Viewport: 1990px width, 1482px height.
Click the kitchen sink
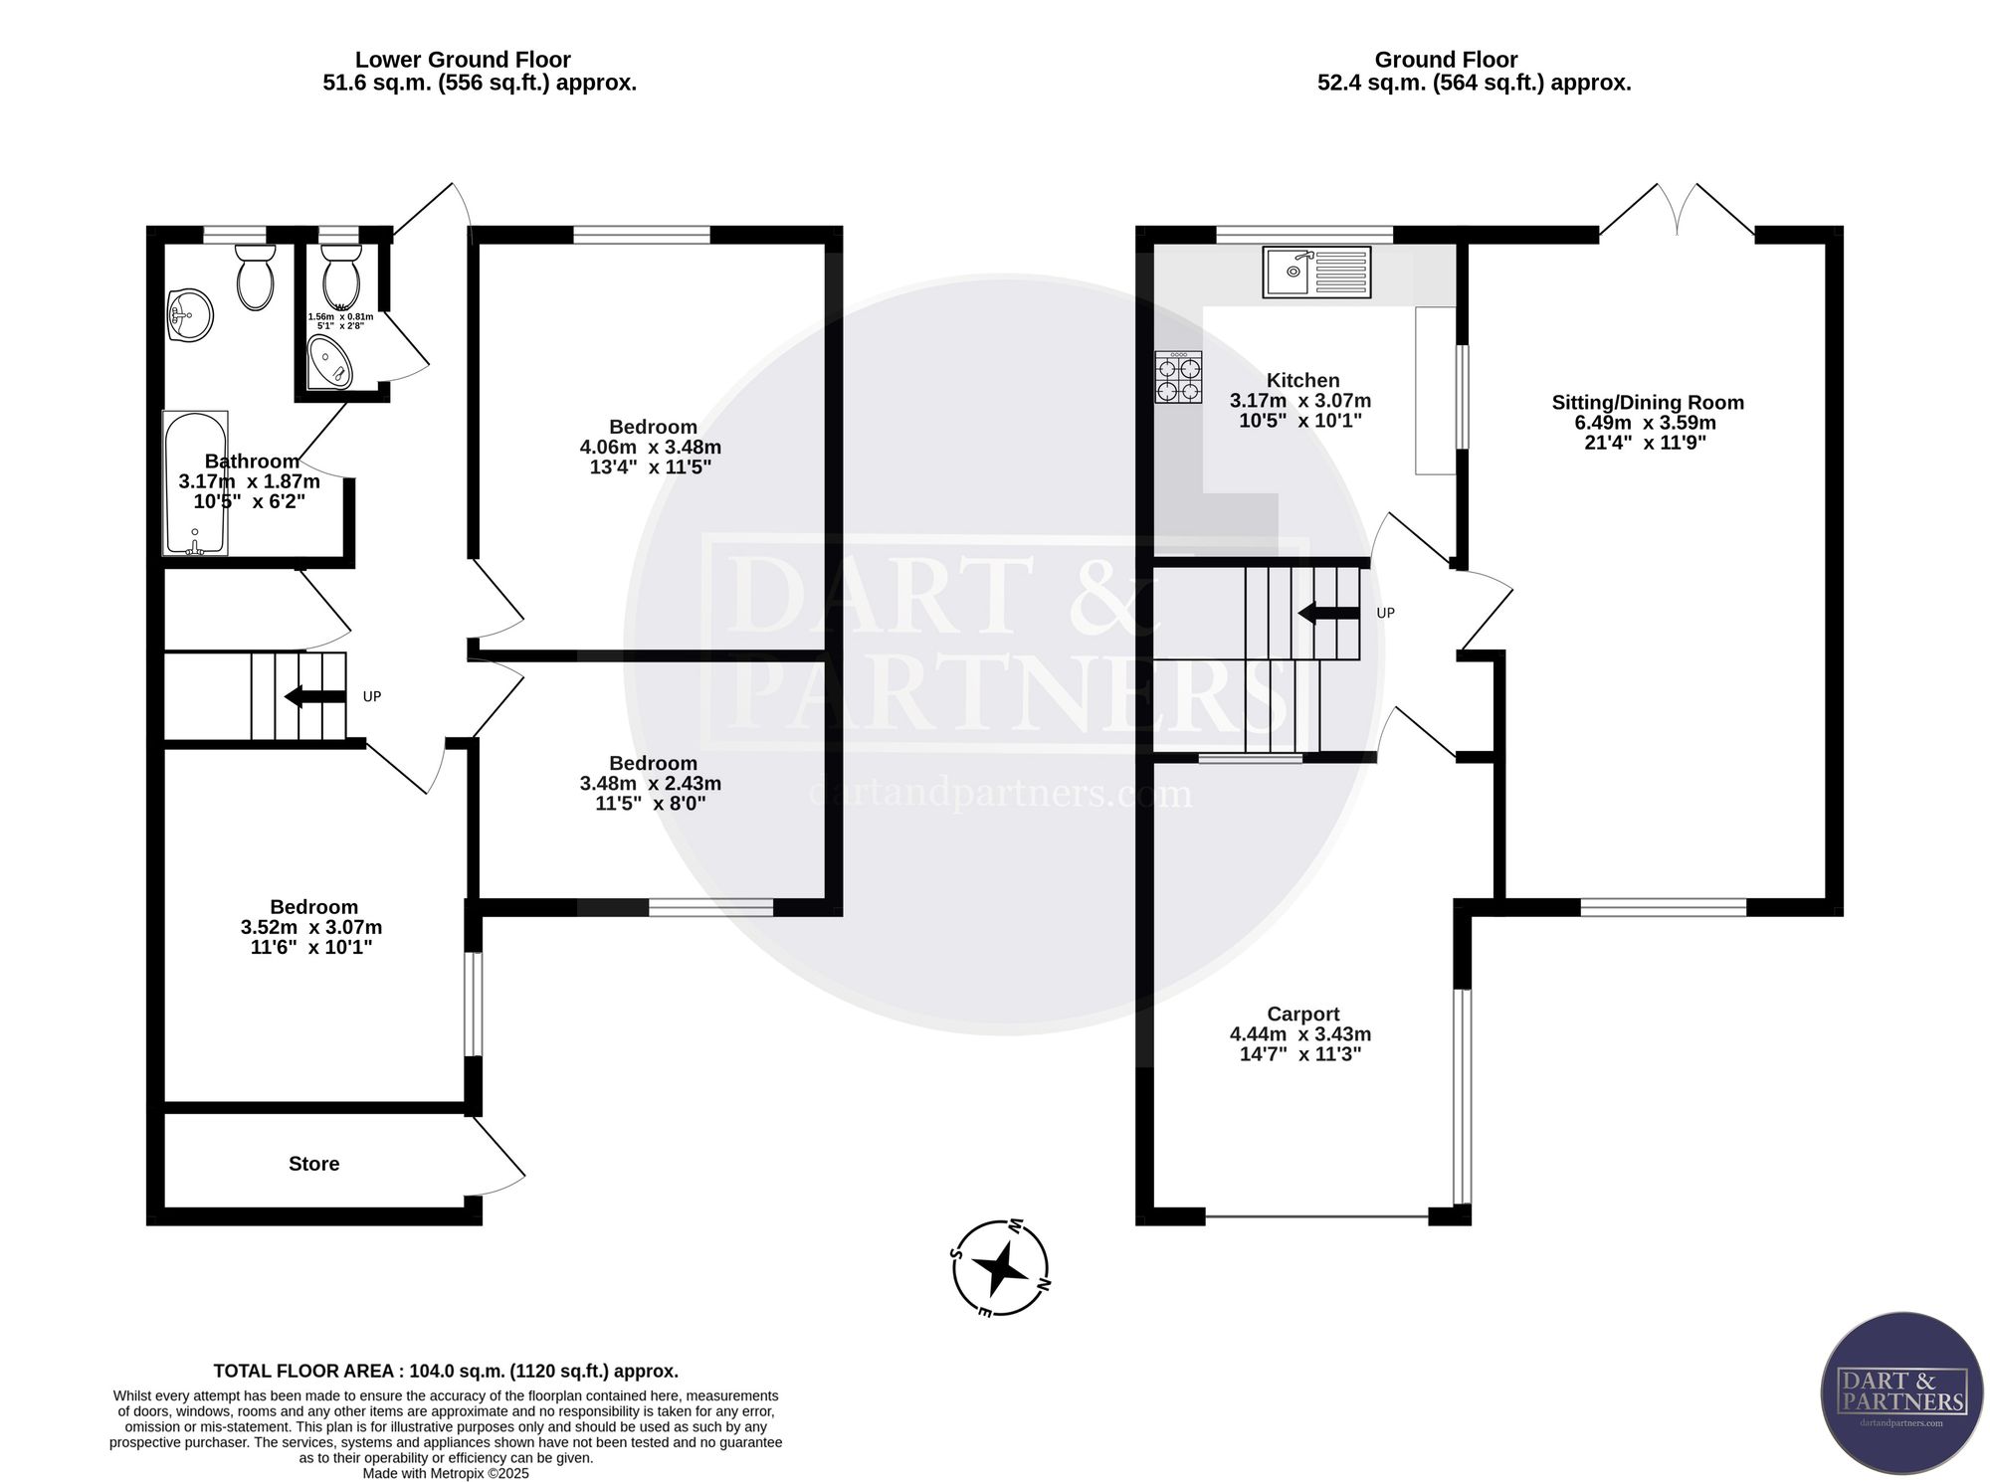[x=1316, y=272]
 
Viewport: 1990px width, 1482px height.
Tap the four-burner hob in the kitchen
[x=1178, y=377]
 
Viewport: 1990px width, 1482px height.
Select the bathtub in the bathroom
[x=195, y=482]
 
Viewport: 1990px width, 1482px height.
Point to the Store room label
[x=314, y=1164]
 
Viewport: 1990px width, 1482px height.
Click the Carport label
[x=1303, y=1015]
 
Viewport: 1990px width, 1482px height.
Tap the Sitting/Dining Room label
[x=1648, y=403]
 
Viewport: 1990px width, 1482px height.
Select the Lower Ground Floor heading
[x=464, y=60]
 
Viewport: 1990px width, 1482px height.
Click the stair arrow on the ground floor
[x=1328, y=613]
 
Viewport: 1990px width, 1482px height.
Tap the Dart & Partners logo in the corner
[x=1901, y=1393]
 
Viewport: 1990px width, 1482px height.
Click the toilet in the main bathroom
[x=256, y=276]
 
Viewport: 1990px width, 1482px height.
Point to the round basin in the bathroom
[x=189, y=314]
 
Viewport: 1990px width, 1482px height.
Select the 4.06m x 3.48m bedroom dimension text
[x=651, y=448]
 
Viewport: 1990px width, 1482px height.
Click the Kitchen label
[x=1303, y=380]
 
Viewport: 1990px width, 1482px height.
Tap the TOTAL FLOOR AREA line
[x=446, y=1371]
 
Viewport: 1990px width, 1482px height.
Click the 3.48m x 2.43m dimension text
[x=651, y=784]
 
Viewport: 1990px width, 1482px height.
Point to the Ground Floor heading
[x=1447, y=60]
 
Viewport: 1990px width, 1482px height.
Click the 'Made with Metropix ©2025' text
[x=446, y=1473]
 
